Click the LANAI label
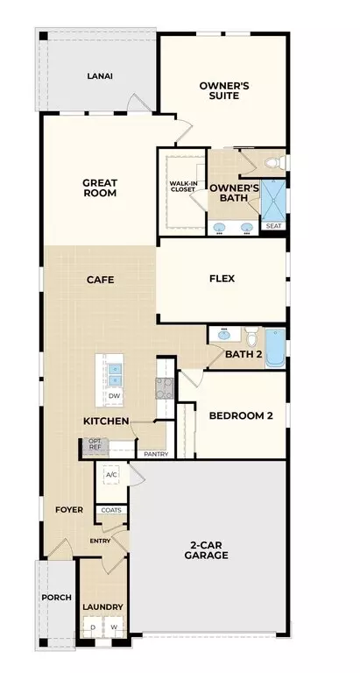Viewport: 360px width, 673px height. point(100,76)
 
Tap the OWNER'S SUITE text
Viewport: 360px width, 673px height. point(224,90)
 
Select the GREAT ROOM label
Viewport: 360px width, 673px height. point(100,188)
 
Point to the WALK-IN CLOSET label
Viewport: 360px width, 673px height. point(183,187)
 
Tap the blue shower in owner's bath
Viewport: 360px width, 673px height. point(273,201)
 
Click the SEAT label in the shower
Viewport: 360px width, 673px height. point(273,226)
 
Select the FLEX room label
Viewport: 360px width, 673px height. point(222,279)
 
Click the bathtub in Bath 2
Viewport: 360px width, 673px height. point(275,348)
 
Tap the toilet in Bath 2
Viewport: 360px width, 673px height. point(252,336)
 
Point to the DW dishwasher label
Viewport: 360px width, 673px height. point(114,396)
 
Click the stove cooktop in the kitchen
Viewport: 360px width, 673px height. point(164,388)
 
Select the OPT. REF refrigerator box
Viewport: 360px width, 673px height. point(94,444)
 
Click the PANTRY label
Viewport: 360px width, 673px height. point(156,454)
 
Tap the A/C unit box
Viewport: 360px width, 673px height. point(111,474)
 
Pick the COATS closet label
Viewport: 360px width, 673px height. point(111,510)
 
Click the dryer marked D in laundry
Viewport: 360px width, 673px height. point(93,627)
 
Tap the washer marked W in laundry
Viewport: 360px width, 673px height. point(114,627)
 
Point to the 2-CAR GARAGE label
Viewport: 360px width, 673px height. point(206,550)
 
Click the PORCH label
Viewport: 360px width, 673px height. point(57,598)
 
